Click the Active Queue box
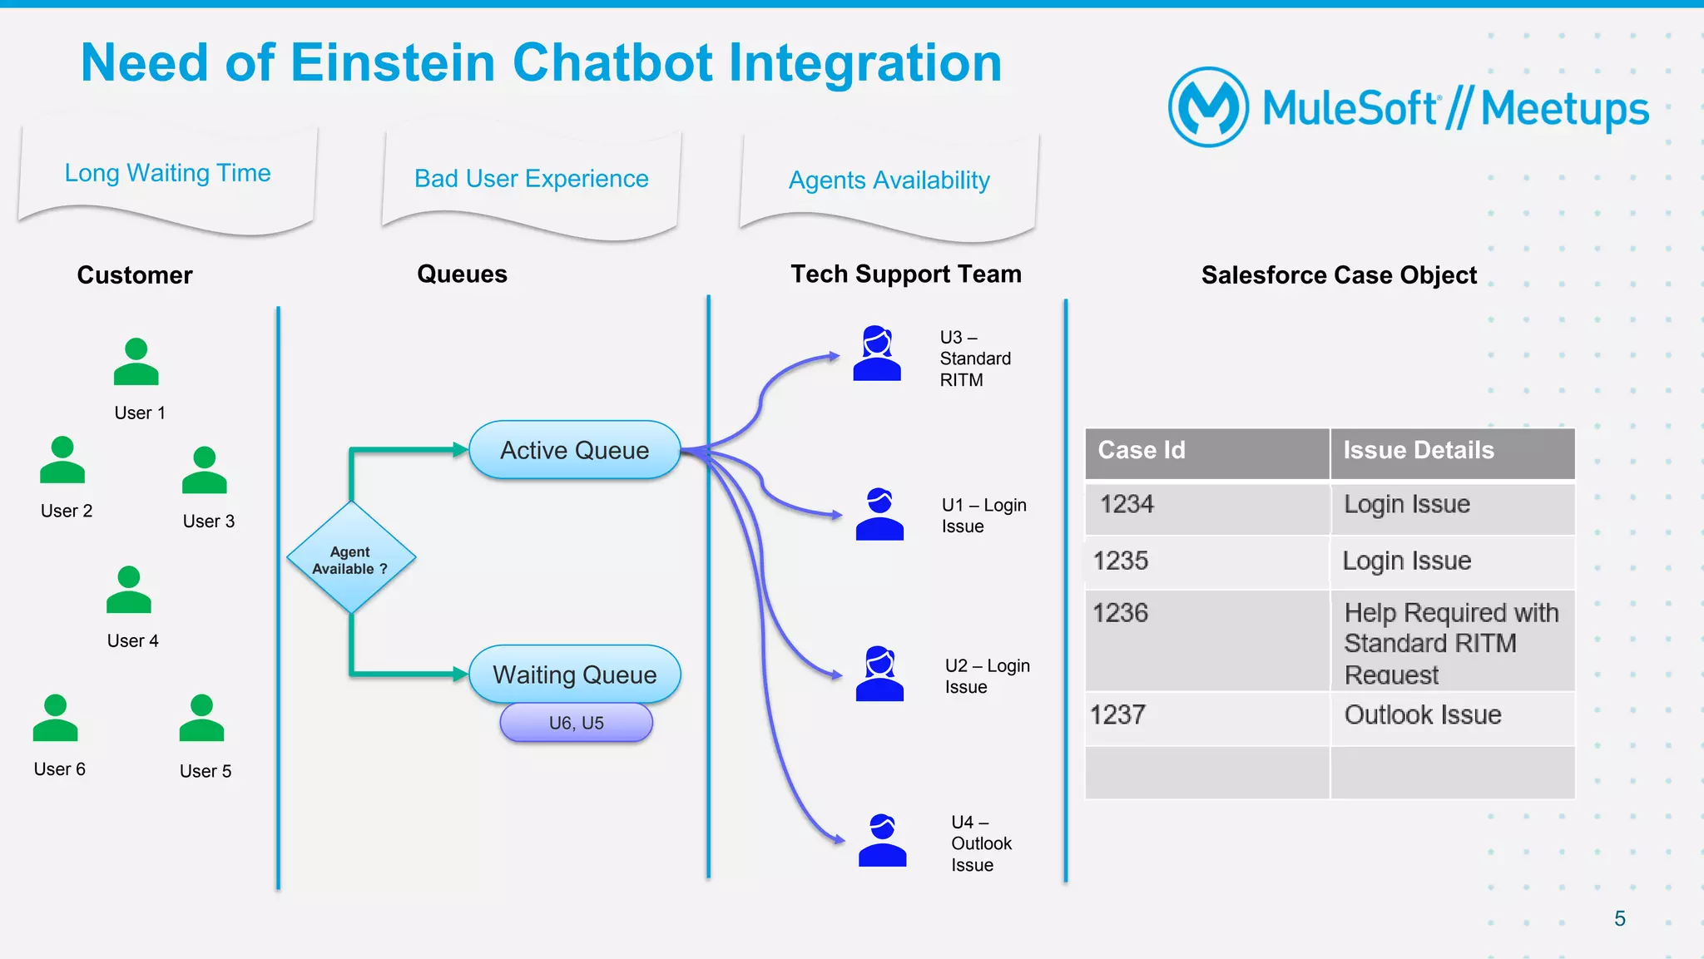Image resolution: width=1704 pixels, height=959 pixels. (x=574, y=450)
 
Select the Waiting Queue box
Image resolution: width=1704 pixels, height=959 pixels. (x=574, y=675)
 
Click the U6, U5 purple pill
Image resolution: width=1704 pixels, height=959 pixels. (x=576, y=723)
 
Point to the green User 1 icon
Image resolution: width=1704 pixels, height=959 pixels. (x=136, y=363)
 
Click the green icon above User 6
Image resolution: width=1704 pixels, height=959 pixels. (x=55, y=719)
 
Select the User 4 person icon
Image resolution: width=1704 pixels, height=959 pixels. (x=129, y=591)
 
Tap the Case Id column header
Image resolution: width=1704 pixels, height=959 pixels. (x=1206, y=451)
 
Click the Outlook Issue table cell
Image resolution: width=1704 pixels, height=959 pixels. (x=1452, y=716)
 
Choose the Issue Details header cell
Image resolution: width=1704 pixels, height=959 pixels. (x=1452, y=451)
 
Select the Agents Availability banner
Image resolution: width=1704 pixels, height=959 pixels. (x=889, y=180)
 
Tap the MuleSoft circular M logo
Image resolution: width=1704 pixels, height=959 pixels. (x=1208, y=107)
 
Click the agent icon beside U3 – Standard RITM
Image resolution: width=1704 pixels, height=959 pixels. (x=877, y=354)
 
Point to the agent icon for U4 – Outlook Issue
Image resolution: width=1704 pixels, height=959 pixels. (x=882, y=841)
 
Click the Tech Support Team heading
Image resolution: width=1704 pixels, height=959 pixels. (x=906, y=274)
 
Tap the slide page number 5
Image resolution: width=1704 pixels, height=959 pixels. (x=1619, y=919)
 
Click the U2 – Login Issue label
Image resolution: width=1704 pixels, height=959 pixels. (x=987, y=676)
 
